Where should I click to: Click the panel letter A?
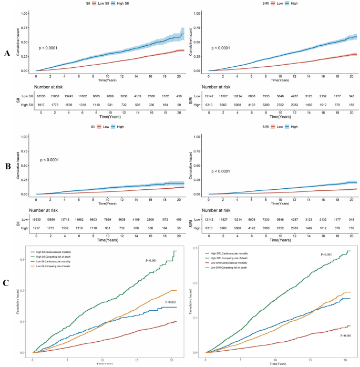7,53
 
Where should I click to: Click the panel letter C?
7,283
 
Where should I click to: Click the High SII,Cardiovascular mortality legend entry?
56,252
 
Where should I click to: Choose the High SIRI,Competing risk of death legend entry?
233,257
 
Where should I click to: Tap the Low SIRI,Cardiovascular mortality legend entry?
233,262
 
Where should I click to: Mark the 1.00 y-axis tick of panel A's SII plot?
24,13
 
